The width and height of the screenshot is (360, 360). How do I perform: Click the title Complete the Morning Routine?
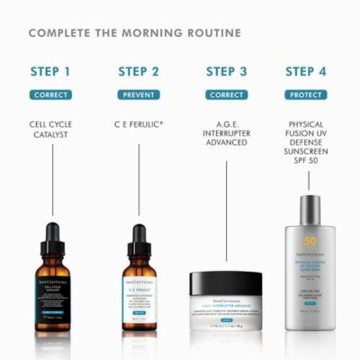135,33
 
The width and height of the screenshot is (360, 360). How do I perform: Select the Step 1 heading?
50,72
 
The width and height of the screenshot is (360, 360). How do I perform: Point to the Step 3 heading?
226,72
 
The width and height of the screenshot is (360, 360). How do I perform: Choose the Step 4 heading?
307,72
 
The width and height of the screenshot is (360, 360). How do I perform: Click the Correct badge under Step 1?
50,94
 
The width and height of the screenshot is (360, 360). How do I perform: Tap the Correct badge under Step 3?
226,94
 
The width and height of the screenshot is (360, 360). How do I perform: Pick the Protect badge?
307,94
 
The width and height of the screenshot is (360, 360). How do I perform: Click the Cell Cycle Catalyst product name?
50,129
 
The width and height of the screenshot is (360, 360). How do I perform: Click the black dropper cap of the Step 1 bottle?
52,236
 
